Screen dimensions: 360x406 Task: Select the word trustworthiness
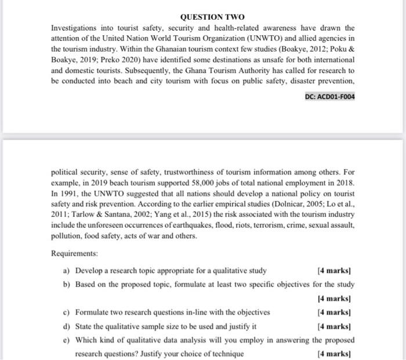click(x=184, y=172)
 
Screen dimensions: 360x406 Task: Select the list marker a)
click(x=67, y=271)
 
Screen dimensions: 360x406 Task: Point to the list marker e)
click(x=67, y=340)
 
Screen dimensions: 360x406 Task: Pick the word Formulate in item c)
click(x=94, y=312)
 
